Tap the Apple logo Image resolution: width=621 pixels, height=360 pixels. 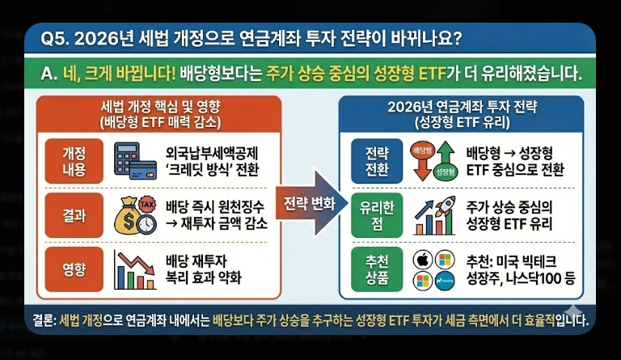420,260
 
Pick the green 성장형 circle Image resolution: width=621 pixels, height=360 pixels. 444,172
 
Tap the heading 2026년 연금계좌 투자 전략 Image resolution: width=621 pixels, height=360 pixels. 463,108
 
